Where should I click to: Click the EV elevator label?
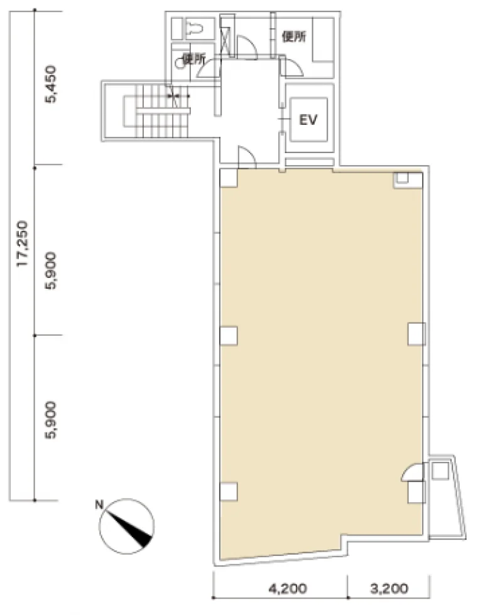[308, 120]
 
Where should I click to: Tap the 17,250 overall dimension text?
[23, 244]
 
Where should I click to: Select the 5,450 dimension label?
[50, 84]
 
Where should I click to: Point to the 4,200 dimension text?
[288, 589]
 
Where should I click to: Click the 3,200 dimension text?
[389, 589]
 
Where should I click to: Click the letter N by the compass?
[99, 505]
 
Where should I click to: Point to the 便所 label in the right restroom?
[294, 37]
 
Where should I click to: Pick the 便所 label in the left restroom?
[194, 59]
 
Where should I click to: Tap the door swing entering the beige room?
[247, 157]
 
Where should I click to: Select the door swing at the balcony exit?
[412, 472]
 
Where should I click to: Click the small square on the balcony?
[440, 471]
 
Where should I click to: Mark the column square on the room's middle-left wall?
[229, 336]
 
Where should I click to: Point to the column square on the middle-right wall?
[416, 334]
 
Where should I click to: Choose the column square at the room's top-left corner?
[229, 178]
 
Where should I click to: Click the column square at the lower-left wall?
[229, 491]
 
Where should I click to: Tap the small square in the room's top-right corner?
[403, 178]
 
